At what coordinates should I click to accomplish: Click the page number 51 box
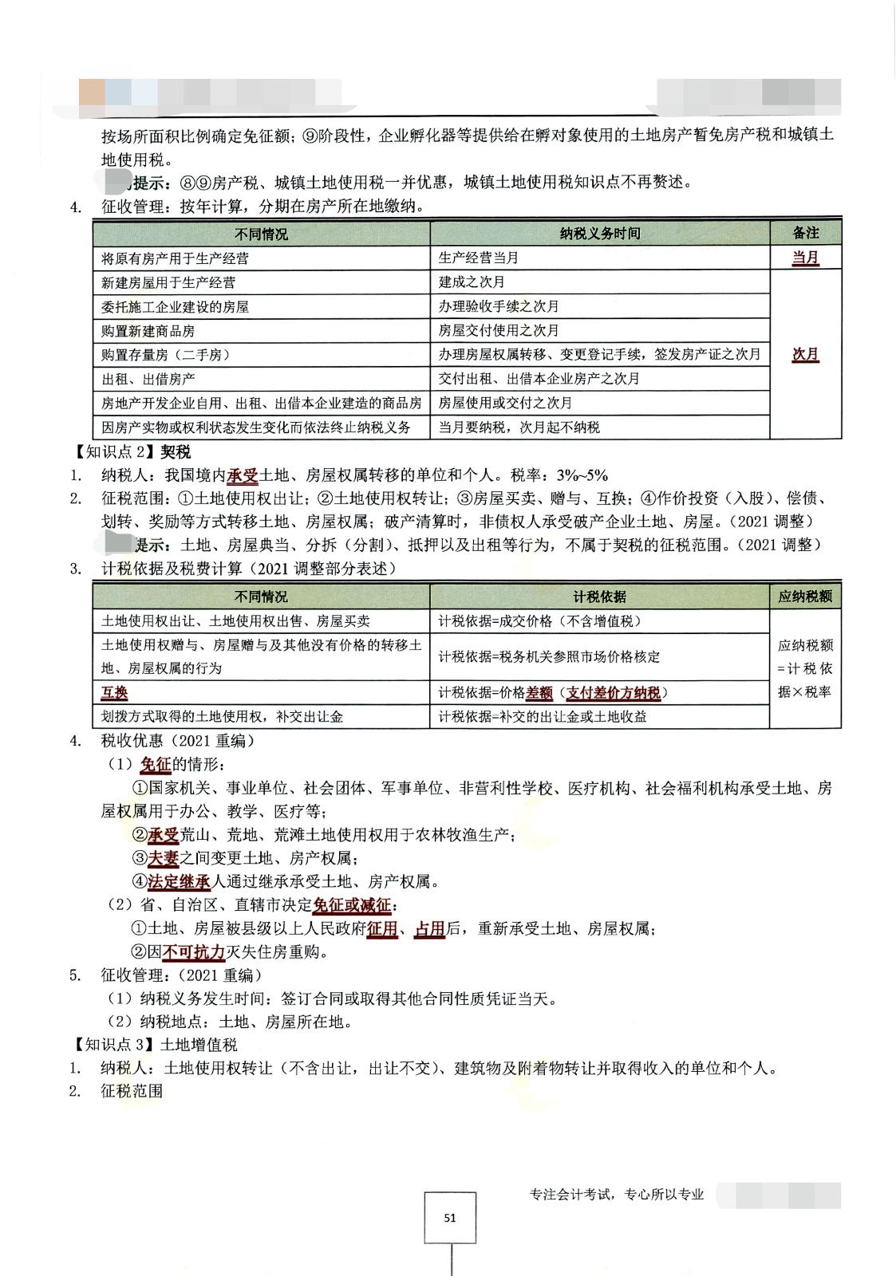pos(450,1217)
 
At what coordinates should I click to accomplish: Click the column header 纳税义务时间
pos(599,234)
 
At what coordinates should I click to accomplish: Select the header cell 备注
pos(805,233)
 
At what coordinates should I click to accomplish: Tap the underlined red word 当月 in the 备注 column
pos(805,258)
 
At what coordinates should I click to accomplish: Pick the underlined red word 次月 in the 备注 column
pos(805,354)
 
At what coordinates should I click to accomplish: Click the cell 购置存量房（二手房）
pos(165,355)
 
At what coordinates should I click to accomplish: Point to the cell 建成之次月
pos(472,282)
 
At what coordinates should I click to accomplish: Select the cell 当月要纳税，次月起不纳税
pos(519,427)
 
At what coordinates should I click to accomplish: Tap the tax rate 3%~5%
pos(582,476)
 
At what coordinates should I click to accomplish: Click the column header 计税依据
pos(599,597)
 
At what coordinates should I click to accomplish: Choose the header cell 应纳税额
pos(805,597)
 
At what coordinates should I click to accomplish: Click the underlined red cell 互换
pos(115,693)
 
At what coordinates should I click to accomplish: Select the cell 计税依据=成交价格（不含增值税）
pos(539,621)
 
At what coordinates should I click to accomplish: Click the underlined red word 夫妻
pos(164,858)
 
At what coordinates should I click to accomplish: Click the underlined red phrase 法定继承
pos(180,882)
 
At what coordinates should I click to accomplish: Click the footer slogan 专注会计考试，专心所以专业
pos(617,1194)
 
